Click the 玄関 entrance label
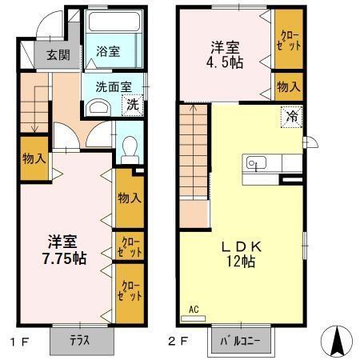click(58, 55)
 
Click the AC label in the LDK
click(193, 310)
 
